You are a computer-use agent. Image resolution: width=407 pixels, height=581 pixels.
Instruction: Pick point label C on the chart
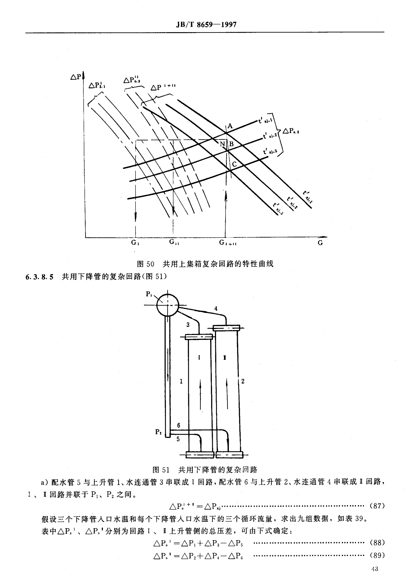[x=234, y=165]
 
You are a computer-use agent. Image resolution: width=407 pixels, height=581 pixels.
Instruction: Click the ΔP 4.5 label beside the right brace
[x=291, y=131]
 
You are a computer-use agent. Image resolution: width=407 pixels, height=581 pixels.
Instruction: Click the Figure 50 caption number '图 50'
[x=145, y=264]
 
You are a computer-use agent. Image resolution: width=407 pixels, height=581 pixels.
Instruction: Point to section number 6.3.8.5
[x=39, y=277]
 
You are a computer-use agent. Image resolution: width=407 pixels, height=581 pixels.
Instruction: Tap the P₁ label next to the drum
[x=149, y=294]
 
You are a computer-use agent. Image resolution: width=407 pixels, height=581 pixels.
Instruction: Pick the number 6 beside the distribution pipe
[x=179, y=425]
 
